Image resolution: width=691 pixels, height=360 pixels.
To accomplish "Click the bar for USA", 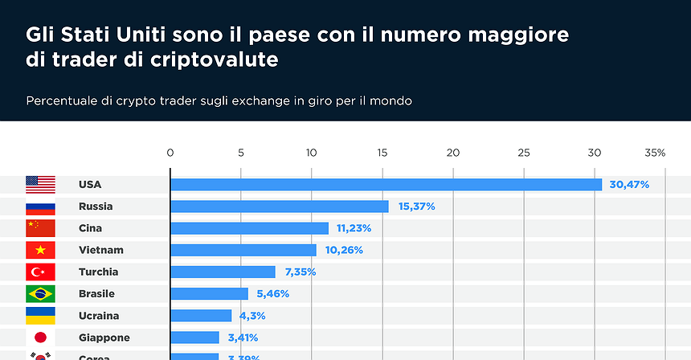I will coord(386,185).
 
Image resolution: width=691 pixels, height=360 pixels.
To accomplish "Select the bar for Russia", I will coord(280,207).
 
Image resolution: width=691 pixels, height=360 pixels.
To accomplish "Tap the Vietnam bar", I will coord(243,250).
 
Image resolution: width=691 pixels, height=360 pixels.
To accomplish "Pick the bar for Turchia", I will coord(223,272).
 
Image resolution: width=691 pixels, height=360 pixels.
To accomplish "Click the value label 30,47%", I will coord(629,185).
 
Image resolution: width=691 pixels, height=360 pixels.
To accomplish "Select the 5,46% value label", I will coord(272,294).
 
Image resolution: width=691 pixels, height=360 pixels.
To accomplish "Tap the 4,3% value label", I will coord(249,316).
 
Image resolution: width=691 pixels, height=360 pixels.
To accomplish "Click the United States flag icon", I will coord(40,185).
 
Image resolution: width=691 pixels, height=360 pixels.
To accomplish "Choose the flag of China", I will coord(40,228).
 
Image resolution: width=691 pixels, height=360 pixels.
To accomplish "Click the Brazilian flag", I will coord(40,294).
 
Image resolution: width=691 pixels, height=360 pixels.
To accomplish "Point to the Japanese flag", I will coord(40,337).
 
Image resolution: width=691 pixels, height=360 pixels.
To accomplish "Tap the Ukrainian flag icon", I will coord(40,316).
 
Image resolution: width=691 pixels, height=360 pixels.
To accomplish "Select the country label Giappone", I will coord(104,337).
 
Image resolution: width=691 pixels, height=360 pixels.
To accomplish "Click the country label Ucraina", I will coord(99,316).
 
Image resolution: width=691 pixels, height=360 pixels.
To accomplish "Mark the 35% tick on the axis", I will coord(655,153).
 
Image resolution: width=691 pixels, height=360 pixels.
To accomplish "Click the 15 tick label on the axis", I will coord(382,153).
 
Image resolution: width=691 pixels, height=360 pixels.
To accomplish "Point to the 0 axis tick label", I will coord(170,153).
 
